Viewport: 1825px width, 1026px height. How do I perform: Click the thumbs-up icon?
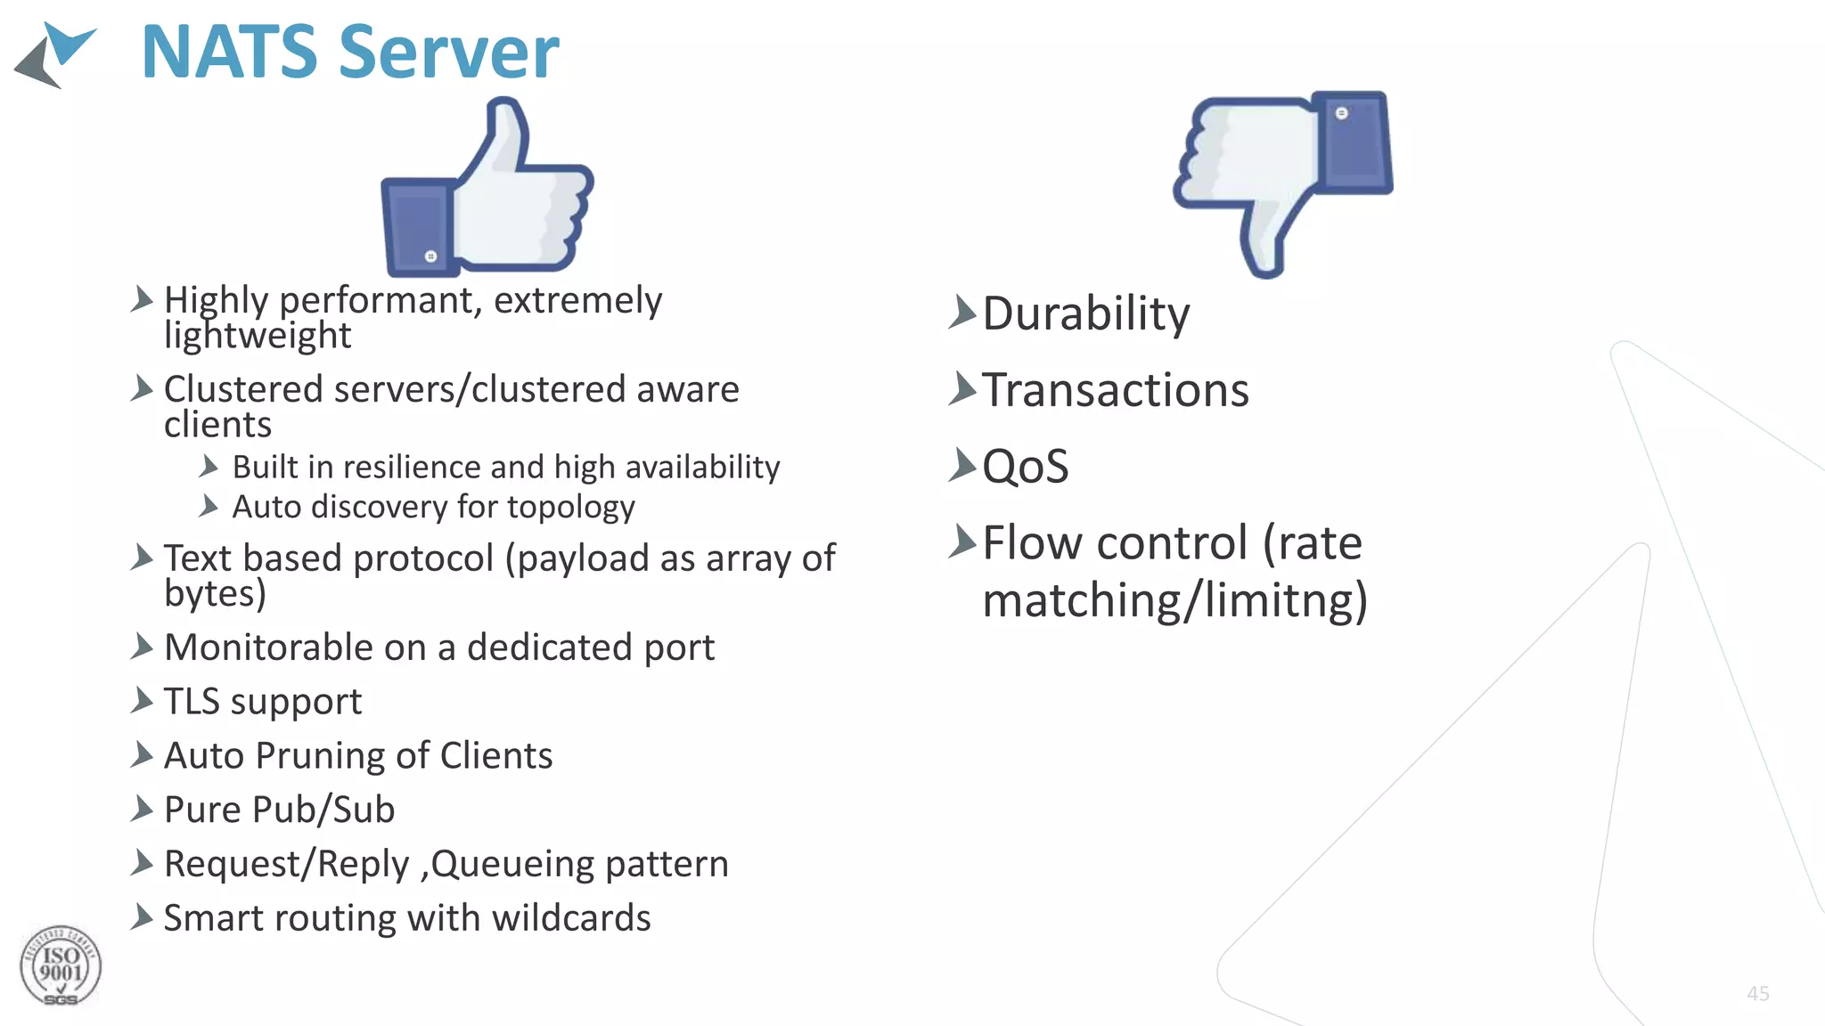487,189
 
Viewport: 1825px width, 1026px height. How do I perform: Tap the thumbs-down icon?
1283,178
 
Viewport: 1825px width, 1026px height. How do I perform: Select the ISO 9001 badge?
61,967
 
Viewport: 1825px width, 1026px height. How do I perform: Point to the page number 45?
1757,993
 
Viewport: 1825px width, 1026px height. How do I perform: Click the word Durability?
1085,313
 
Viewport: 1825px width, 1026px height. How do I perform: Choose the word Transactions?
1115,390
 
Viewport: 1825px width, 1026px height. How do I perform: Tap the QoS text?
1025,467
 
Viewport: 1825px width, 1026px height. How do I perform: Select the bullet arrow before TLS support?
142,701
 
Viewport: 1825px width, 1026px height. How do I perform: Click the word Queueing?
513,864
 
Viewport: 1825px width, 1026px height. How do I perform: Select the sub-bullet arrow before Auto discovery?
209,507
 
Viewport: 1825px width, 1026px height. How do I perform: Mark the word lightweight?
258,336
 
